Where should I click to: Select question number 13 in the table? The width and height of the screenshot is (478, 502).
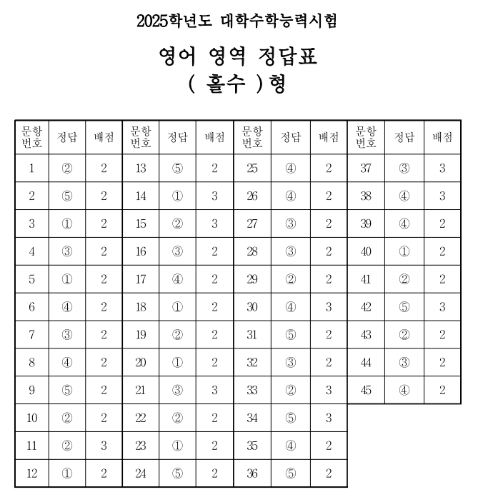pyautogui.click(x=140, y=169)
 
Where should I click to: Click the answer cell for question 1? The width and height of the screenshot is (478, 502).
pyautogui.click(x=67, y=169)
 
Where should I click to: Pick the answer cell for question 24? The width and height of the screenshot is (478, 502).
pyautogui.click(x=177, y=472)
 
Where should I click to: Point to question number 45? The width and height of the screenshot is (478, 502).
pyautogui.click(x=366, y=389)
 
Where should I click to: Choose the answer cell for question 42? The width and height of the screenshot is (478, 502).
pyautogui.click(x=404, y=306)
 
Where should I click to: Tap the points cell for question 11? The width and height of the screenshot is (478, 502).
pyautogui.click(x=104, y=445)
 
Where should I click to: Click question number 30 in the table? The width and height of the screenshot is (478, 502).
pyautogui.click(x=252, y=306)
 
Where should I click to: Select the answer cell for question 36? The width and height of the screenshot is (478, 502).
pyautogui.click(x=290, y=472)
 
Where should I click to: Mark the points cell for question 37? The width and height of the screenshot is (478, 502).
pyautogui.click(x=442, y=169)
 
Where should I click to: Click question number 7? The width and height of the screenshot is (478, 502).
pyautogui.click(x=31, y=334)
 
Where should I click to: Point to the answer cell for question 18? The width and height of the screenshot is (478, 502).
pyautogui.click(x=177, y=306)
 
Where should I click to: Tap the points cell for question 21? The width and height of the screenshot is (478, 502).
pyautogui.click(x=215, y=389)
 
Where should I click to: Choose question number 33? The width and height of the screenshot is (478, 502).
pyautogui.click(x=252, y=389)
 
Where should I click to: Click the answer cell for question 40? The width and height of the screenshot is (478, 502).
pyautogui.click(x=404, y=251)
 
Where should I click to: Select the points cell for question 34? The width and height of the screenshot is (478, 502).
pyautogui.click(x=329, y=417)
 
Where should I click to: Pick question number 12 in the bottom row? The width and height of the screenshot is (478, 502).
pyautogui.click(x=31, y=472)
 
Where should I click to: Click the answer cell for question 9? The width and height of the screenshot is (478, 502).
pyautogui.click(x=67, y=389)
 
